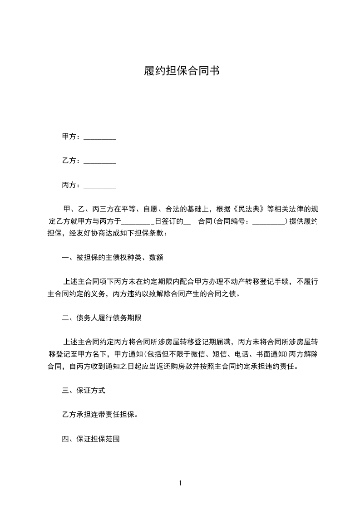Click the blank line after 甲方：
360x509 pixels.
pyautogui.click(x=100, y=137)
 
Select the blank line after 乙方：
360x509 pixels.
pyautogui.click(x=100, y=161)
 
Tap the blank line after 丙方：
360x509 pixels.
pyautogui.click(x=100, y=186)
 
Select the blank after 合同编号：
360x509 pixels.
pyautogui.click(x=268, y=222)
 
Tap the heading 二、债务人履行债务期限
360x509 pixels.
pyautogui.click(x=102, y=318)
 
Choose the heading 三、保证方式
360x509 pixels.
pyautogui.click(x=84, y=390)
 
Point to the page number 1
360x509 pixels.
pyautogui.click(x=180, y=483)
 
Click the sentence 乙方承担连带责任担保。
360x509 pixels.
pyautogui.click(x=100, y=414)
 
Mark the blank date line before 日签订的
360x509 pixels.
pyautogui.click(x=138, y=222)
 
